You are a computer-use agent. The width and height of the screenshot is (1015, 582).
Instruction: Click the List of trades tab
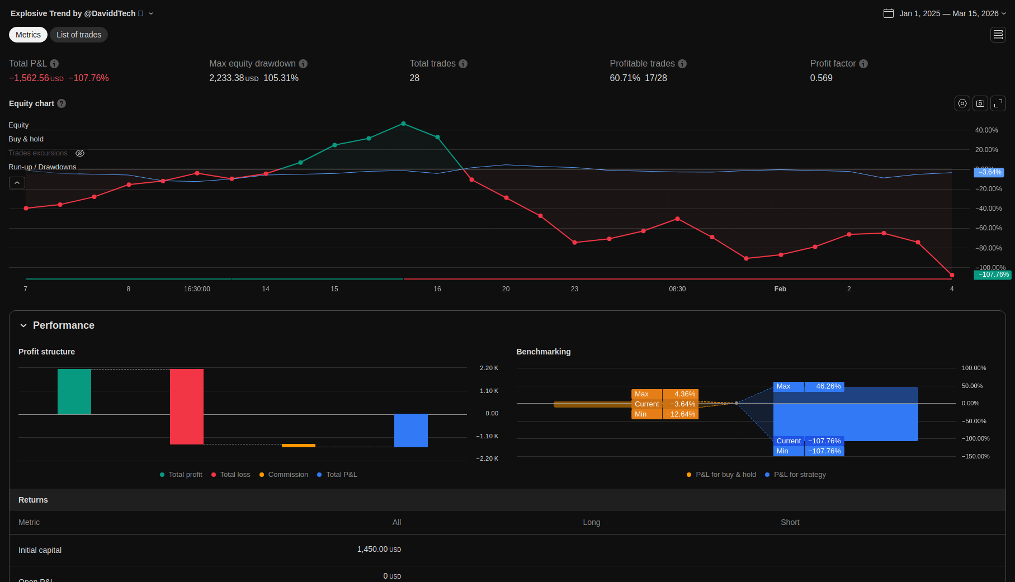79,35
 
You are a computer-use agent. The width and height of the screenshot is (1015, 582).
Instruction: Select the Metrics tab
28,35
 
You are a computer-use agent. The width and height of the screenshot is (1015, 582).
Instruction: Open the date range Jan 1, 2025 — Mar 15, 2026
948,13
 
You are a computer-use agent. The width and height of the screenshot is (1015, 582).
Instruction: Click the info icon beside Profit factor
863,64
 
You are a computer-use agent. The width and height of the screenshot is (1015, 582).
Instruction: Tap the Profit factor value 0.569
821,78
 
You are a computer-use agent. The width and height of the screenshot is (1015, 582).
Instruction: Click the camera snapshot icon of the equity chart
980,103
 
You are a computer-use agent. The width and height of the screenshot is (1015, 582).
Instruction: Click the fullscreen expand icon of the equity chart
998,103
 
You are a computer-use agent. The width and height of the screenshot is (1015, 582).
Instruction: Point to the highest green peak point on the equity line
403,124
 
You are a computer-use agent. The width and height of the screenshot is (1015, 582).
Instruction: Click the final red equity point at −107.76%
952,275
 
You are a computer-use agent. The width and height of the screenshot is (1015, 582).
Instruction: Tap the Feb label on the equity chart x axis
780,289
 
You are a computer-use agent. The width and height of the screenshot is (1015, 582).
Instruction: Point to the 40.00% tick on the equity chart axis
986,130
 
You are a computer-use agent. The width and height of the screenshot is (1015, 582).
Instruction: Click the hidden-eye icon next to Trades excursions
80,153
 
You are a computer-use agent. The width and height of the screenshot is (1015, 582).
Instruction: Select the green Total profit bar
74,391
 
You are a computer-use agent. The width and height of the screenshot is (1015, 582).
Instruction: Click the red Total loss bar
187,406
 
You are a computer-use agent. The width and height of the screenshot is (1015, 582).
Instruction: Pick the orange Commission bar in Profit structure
299,446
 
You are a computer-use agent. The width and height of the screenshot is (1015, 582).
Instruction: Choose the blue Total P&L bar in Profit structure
411,430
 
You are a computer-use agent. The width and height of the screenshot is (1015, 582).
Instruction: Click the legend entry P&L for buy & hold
725,475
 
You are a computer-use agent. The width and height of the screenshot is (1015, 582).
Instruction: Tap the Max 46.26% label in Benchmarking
808,386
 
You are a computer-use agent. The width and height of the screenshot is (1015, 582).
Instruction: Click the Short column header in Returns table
790,522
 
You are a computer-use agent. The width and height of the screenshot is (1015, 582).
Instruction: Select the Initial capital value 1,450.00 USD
379,550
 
